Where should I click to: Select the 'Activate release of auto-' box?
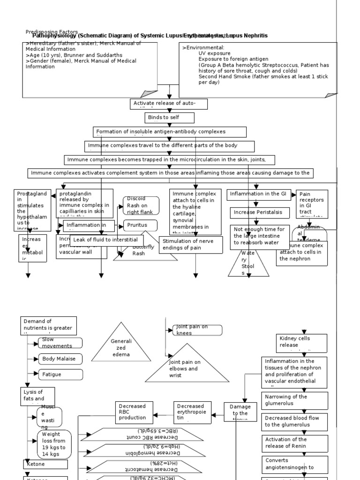[168, 104]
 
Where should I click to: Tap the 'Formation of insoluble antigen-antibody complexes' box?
[170, 132]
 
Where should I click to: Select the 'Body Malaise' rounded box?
[61, 359]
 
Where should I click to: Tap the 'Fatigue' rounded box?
[61, 375]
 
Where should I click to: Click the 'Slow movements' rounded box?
[61, 343]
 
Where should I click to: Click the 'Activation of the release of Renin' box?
[294, 443]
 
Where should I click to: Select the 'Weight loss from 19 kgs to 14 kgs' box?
[54, 443]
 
